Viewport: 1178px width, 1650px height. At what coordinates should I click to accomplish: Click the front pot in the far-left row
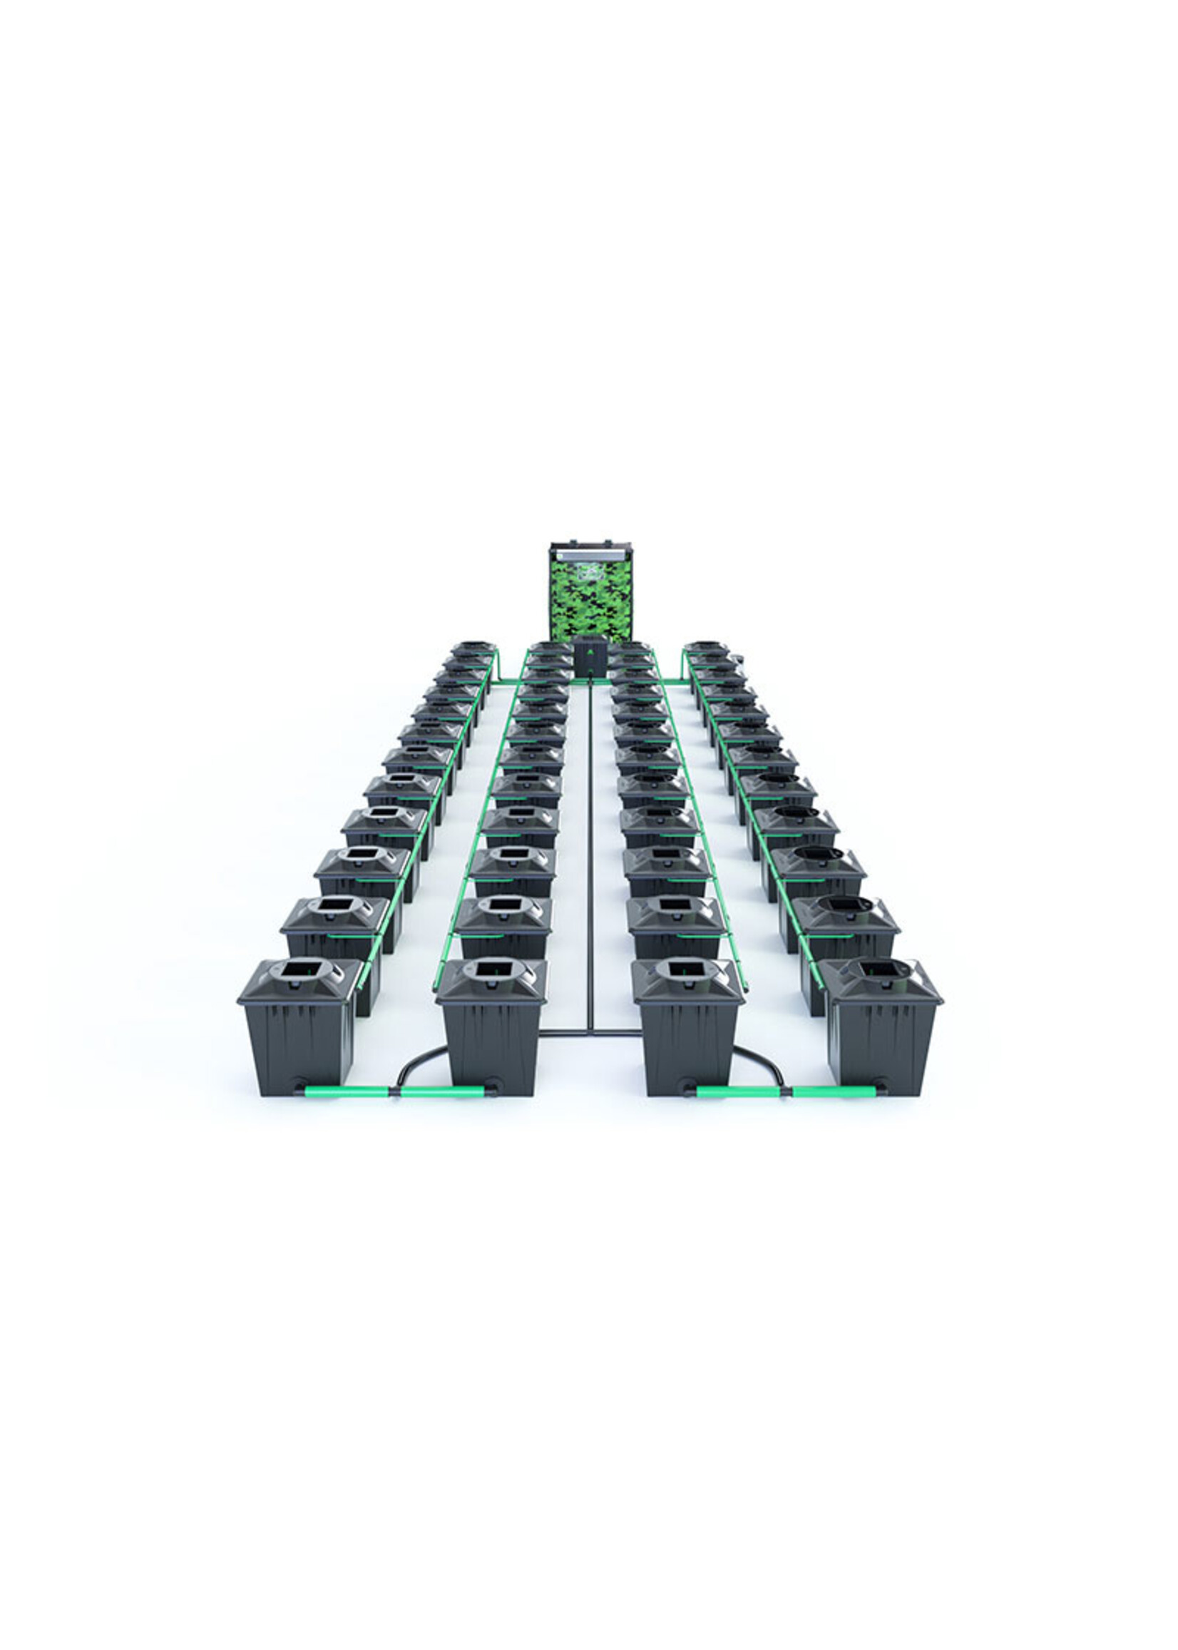click(299, 1030)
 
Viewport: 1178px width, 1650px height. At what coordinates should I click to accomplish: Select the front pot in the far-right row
click(882, 1030)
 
